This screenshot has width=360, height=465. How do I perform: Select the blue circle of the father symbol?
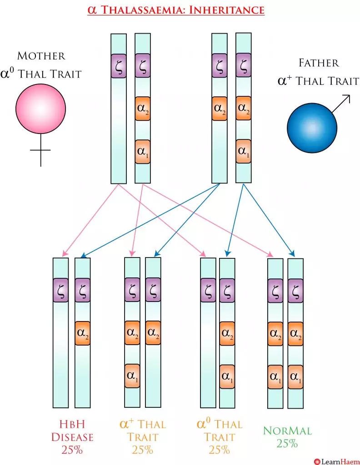[x=311, y=128]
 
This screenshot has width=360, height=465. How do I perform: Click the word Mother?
[x=41, y=56]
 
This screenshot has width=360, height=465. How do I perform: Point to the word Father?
[x=319, y=63]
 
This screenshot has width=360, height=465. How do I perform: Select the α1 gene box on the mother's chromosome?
[x=142, y=152]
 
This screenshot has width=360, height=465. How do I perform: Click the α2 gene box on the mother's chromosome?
[x=142, y=109]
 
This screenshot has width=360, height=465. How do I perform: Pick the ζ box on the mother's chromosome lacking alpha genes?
[x=119, y=65]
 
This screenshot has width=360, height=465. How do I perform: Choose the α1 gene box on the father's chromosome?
[x=243, y=151]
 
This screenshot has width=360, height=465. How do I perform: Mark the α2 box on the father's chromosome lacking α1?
[x=220, y=109]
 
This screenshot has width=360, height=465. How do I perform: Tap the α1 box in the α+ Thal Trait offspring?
[x=132, y=376]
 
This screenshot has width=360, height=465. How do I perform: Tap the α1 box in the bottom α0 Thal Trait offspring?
[x=227, y=376]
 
